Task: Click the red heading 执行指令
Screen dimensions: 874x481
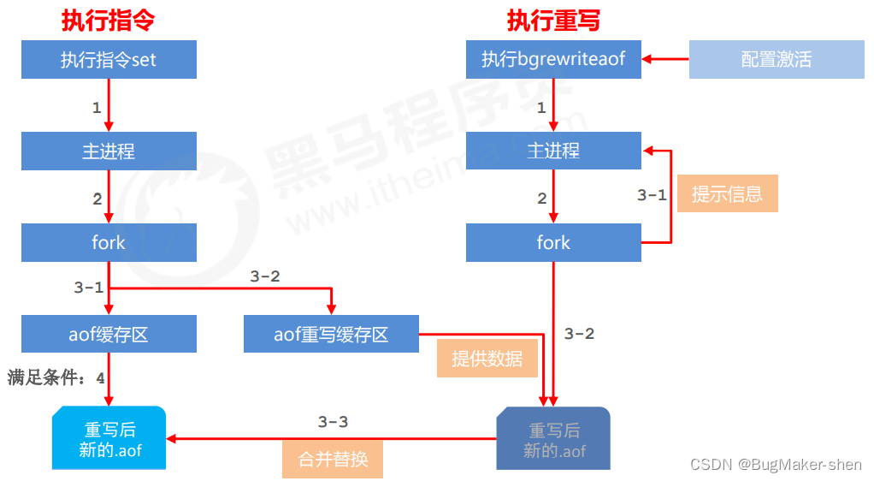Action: [x=108, y=21]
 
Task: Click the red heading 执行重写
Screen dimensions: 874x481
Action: [x=553, y=21]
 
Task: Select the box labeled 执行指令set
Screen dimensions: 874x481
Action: [x=109, y=59]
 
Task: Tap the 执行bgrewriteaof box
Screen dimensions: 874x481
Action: [x=553, y=59]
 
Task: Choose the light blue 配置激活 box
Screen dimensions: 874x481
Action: [x=777, y=59]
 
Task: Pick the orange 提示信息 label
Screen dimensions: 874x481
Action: [x=728, y=193]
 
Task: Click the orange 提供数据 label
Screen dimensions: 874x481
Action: [x=487, y=359]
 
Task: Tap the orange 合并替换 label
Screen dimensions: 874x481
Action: [x=333, y=459]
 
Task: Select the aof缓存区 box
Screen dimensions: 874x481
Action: [x=109, y=334]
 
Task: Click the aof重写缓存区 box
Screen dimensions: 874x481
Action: [x=331, y=334]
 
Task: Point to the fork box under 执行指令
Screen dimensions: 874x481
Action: [x=109, y=242]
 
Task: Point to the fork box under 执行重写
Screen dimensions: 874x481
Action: [x=553, y=242]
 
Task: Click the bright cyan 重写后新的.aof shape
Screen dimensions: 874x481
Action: [x=109, y=438]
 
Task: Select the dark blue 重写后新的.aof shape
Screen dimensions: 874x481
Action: [x=553, y=438]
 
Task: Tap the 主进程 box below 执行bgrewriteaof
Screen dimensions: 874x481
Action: [x=553, y=151]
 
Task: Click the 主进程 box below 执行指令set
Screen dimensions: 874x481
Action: [x=109, y=151]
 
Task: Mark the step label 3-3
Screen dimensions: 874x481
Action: [x=333, y=422]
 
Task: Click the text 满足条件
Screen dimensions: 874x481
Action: [x=43, y=377]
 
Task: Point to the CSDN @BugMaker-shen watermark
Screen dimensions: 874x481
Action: [x=776, y=464]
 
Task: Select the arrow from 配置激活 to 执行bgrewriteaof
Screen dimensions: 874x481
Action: [x=665, y=58]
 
